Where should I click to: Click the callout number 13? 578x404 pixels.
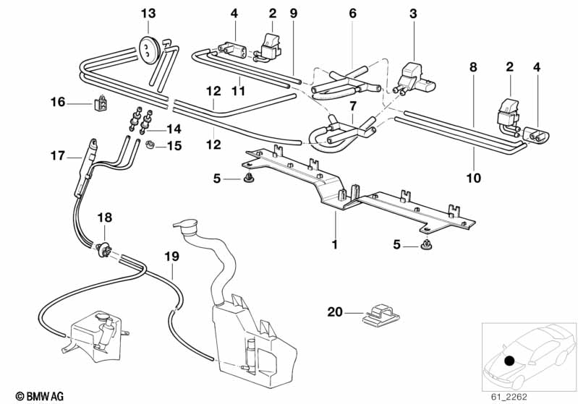(x=148, y=14)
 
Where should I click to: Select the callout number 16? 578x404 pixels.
(x=58, y=103)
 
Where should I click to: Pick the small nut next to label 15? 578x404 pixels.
(x=148, y=147)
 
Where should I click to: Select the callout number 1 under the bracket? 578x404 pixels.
(x=334, y=245)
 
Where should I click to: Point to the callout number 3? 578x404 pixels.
(x=413, y=14)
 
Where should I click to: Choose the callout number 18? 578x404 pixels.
(x=105, y=218)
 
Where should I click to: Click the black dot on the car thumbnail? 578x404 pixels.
(x=510, y=361)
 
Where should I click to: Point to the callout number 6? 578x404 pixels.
(x=352, y=14)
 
